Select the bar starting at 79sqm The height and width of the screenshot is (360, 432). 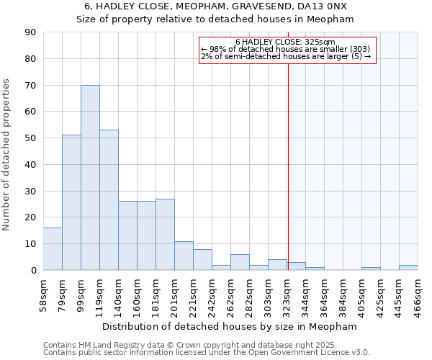pos(71,202)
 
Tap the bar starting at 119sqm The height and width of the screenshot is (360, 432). pos(109,199)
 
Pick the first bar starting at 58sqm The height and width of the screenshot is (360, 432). pos(53,248)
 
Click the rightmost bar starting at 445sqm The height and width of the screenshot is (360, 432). pos(408,267)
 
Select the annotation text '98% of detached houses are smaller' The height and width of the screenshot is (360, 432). pos(277,49)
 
